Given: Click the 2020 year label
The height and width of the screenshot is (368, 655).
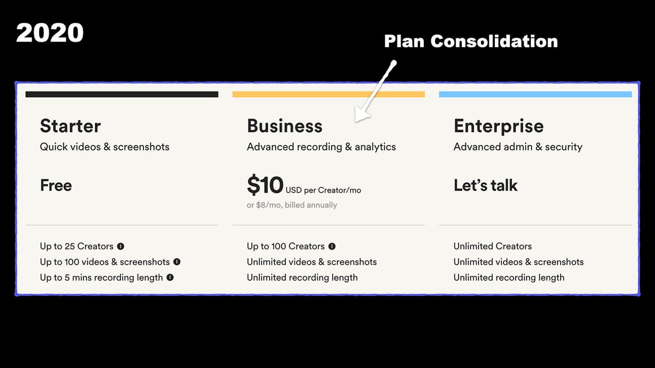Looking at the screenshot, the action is (50, 33).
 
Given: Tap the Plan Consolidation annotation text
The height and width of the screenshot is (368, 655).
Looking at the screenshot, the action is (471, 41).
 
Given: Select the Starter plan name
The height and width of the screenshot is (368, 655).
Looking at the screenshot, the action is (70, 126).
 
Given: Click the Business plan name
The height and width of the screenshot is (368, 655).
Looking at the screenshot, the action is (284, 126).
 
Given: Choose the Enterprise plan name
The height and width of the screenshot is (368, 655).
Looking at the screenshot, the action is (498, 127).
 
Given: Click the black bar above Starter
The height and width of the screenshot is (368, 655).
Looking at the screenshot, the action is (122, 94).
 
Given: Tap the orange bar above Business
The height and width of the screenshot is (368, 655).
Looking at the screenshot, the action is (329, 94).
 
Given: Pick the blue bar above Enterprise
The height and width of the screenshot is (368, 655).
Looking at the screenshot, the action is (535, 94).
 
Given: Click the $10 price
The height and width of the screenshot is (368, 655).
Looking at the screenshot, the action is (265, 185).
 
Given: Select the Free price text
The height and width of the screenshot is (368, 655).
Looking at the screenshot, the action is (56, 185).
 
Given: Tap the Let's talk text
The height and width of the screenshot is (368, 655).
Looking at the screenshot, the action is (485, 185).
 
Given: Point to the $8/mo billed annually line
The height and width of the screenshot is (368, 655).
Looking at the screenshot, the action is (292, 205).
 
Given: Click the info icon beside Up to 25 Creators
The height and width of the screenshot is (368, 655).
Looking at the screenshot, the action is (121, 246).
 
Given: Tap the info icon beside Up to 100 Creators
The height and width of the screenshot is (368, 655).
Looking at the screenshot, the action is (332, 246).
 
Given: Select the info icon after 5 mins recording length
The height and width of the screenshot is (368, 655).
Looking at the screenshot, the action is (170, 277).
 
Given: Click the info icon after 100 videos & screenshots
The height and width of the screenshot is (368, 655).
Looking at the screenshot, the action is (176, 262).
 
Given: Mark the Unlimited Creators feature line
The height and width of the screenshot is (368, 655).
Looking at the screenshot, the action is (492, 246).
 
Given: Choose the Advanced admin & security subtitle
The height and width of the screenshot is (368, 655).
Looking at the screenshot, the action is (518, 147).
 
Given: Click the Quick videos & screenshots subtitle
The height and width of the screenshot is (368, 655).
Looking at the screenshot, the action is (104, 147).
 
